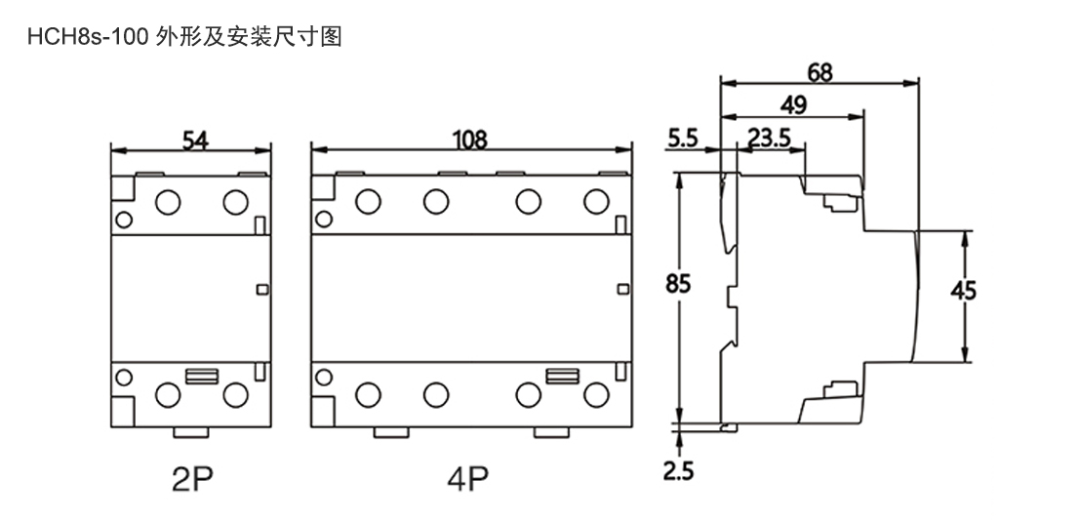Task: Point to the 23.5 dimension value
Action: point(769,138)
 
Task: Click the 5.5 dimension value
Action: point(683,138)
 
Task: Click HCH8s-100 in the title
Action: point(88,37)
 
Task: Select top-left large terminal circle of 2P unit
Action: point(169,202)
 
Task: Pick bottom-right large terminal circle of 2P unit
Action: point(234,394)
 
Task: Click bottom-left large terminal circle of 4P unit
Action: point(368,394)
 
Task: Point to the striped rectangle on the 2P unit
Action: point(201,375)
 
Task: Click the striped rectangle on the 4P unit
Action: point(561,375)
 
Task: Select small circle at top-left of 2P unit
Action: point(123,217)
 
